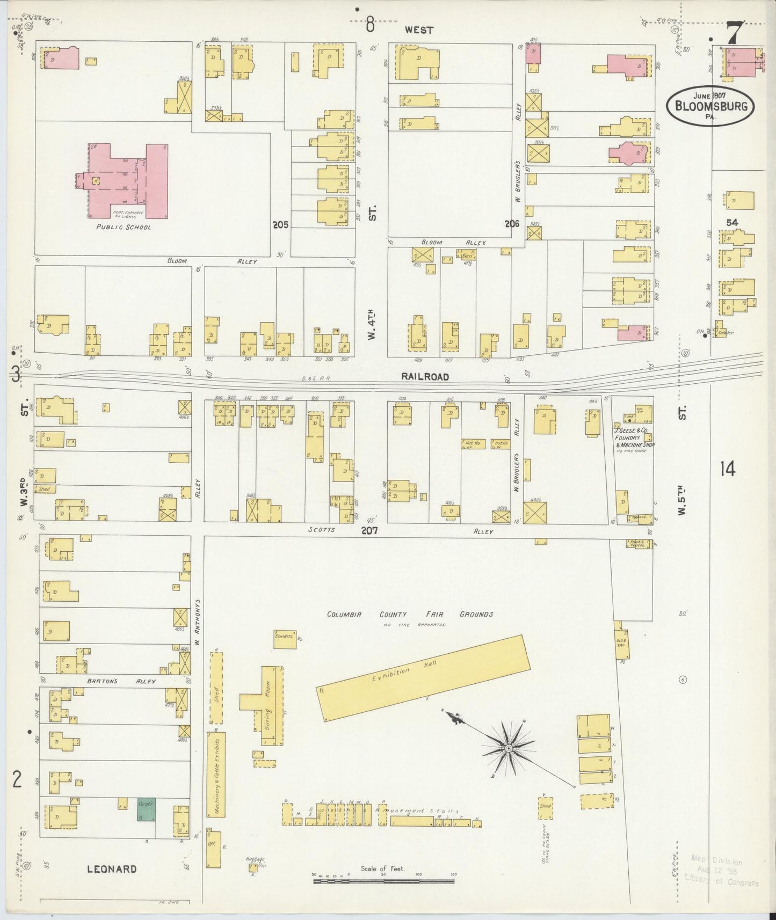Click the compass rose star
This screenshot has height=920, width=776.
(x=507, y=748)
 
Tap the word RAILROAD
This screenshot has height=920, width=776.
(x=425, y=377)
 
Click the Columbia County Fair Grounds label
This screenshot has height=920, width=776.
(x=410, y=615)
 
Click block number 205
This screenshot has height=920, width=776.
(x=280, y=225)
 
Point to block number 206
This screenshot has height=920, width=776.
(x=512, y=224)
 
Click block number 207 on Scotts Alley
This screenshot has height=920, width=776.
(x=369, y=530)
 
